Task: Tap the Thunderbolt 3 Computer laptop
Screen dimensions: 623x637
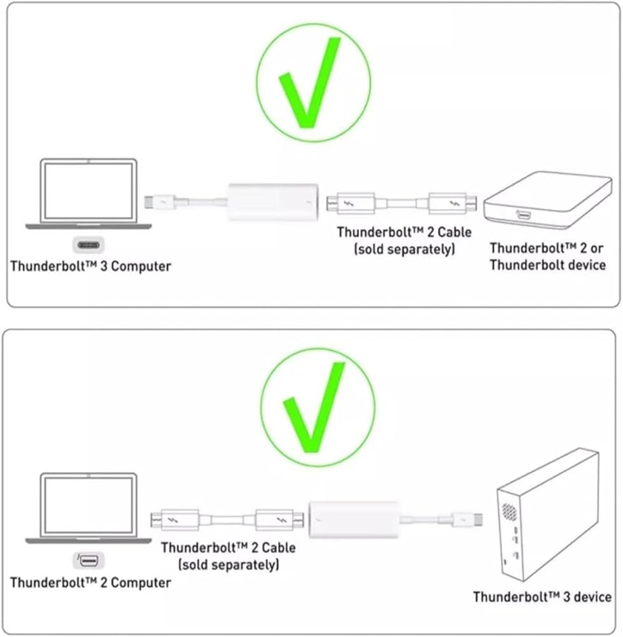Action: [88, 194]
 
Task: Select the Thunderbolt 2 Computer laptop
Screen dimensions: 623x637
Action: [88, 508]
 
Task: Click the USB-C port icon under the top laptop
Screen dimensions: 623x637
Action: [88, 245]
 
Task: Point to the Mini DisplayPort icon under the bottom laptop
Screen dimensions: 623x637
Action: [88, 561]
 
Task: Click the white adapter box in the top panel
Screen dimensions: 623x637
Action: [273, 202]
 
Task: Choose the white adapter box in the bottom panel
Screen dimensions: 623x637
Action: [354, 520]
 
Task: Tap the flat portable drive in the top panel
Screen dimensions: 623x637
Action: [548, 200]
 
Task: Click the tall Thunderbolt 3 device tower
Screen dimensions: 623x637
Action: [548, 515]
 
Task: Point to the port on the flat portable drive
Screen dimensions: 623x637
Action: [523, 214]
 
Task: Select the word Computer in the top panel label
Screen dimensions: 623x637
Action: [141, 266]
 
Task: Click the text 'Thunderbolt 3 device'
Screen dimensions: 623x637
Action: [542, 597]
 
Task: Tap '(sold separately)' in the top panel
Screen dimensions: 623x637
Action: [405, 249]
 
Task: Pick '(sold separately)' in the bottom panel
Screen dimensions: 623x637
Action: [228, 564]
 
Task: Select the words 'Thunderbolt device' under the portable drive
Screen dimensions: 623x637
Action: [547, 265]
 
